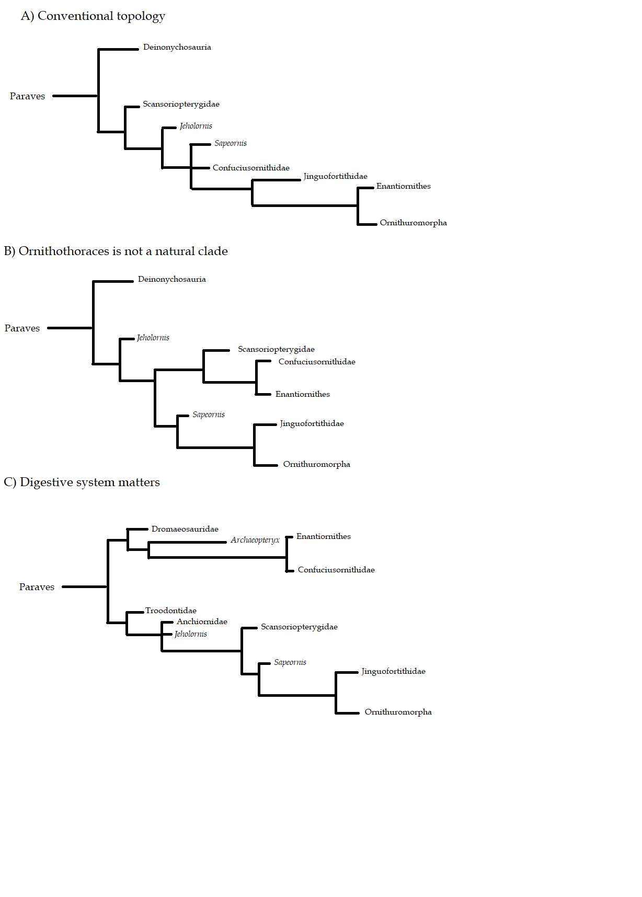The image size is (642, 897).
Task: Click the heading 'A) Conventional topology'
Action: click(93, 16)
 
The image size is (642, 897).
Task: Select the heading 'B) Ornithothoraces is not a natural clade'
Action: click(116, 251)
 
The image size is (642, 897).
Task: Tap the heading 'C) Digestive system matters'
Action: click(82, 482)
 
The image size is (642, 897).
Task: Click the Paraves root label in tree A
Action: click(27, 96)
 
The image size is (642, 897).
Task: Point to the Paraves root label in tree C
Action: click(37, 587)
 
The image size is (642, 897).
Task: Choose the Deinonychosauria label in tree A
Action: click(177, 47)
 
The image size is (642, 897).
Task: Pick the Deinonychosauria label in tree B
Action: click(171, 279)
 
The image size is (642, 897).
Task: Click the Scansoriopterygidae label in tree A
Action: click(181, 104)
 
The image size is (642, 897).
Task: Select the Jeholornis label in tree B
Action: click(153, 338)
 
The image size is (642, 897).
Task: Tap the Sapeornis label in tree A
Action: click(231, 143)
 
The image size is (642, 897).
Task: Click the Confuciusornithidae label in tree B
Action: click(317, 362)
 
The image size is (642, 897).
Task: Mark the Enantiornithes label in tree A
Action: click(404, 186)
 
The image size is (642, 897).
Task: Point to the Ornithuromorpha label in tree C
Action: click(398, 712)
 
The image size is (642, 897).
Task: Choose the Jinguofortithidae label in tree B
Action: click(312, 423)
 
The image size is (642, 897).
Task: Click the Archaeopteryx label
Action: click(255, 540)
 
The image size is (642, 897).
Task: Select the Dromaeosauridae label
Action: click(185, 529)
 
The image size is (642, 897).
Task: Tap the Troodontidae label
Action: click(171, 611)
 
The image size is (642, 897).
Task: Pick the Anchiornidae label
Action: click(202, 622)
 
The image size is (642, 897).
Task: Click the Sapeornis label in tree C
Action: click(290, 662)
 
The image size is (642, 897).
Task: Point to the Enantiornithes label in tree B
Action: click(303, 394)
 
